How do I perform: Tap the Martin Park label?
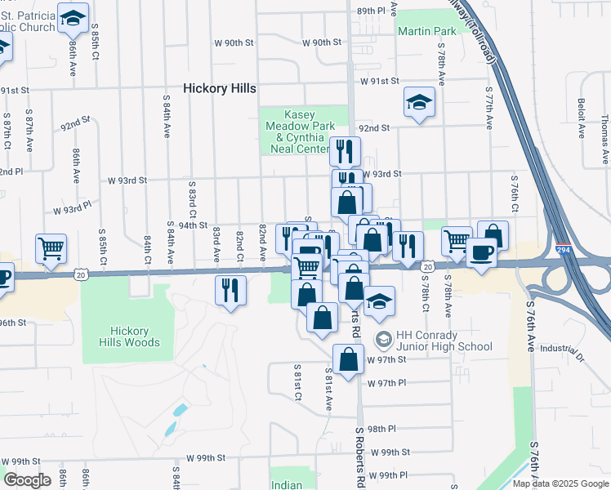[x=426, y=31]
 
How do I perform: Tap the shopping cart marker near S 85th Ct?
[x=51, y=248]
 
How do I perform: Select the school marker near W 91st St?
[x=419, y=103]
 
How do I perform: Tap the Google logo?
[x=28, y=480]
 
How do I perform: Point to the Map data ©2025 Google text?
[x=560, y=483]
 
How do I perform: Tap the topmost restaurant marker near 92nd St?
[x=345, y=151]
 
